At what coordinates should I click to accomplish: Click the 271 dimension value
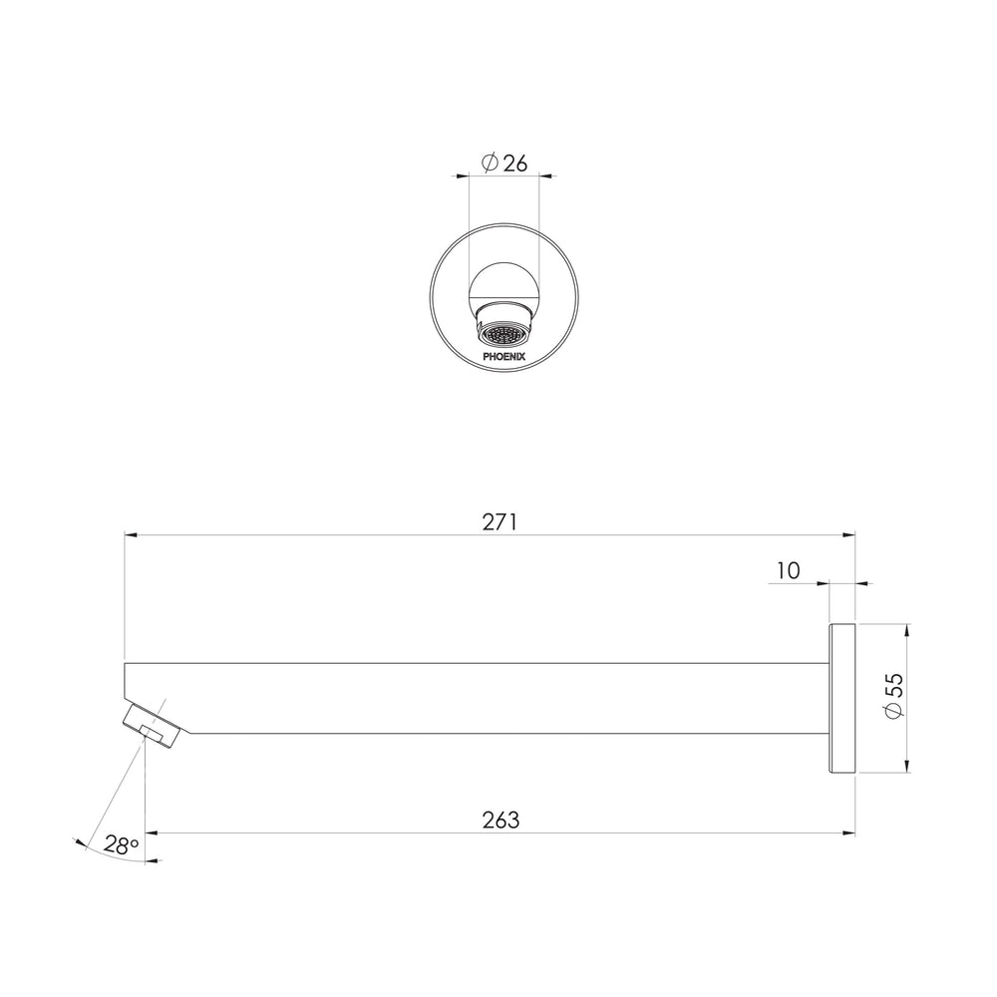tap(499, 522)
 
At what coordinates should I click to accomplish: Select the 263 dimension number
tap(501, 821)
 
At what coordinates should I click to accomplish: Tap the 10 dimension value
tap(789, 571)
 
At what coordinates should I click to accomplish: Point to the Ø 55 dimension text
tap(894, 697)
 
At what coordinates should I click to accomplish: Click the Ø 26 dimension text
tap(504, 163)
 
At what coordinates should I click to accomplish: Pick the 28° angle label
tap(121, 845)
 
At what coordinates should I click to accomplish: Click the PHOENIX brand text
tap(504, 357)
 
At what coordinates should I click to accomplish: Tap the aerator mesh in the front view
tap(503, 336)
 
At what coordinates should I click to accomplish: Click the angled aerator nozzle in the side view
tap(153, 725)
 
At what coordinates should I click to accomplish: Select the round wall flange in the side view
tap(842, 699)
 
